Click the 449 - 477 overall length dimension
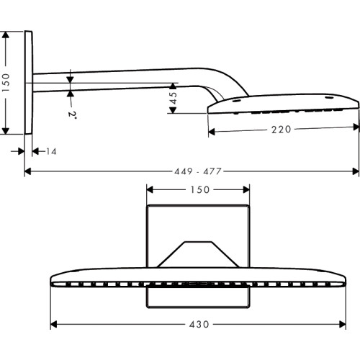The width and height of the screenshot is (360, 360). (197, 171)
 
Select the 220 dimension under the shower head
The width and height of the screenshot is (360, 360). (281, 130)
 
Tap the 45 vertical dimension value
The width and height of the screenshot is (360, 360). (173, 98)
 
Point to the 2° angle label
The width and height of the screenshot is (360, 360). (72, 114)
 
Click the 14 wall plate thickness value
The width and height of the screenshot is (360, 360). (51, 151)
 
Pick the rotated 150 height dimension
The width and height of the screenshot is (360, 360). (5, 83)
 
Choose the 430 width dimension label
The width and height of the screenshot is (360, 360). (199, 325)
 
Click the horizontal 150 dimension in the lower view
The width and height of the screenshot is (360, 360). (200, 190)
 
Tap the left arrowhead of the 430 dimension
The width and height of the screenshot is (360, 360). (53, 325)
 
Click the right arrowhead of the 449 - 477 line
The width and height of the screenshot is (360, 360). (356, 171)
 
